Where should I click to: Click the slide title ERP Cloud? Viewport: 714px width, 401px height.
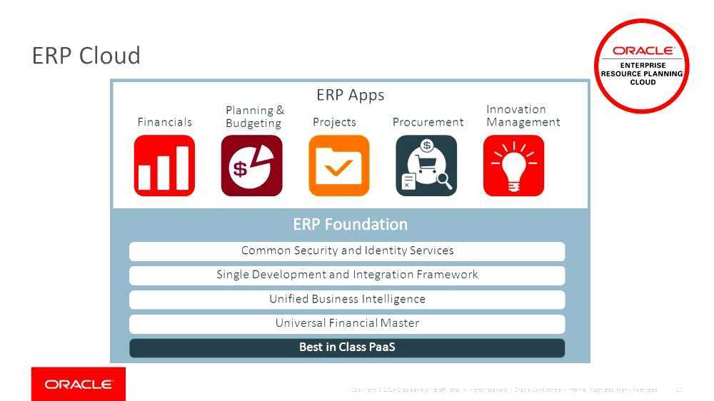[x=86, y=56]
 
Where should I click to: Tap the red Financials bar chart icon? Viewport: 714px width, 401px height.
[x=164, y=166]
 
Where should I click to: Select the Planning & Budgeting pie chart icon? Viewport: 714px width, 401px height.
[x=251, y=166]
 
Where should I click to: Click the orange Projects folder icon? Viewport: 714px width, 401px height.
[x=339, y=166]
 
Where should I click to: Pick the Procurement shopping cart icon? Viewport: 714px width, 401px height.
[x=426, y=166]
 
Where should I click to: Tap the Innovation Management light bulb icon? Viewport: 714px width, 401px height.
[x=513, y=166]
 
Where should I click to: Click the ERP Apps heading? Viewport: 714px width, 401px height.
[x=350, y=95]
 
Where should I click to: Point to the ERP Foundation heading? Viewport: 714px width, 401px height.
[x=350, y=224]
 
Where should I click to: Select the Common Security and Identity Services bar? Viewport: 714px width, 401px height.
[x=347, y=251]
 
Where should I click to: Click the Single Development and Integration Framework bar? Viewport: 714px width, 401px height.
[x=347, y=275]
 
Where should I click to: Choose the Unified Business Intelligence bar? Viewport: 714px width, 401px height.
[x=347, y=300]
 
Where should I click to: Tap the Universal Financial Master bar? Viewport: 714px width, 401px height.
[x=347, y=324]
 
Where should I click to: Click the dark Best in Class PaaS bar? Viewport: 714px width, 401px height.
[x=347, y=348]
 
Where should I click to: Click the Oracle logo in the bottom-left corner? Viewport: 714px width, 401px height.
[x=79, y=385]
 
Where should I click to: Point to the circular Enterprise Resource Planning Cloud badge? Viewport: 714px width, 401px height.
[x=642, y=66]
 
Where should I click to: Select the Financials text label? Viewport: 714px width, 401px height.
[x=165, y=122]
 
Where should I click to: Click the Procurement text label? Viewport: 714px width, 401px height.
[x=428, y=122]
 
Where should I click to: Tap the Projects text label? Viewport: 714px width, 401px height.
[x=334, y=122]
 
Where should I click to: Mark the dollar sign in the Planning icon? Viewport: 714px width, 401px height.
[x=241, y=170]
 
